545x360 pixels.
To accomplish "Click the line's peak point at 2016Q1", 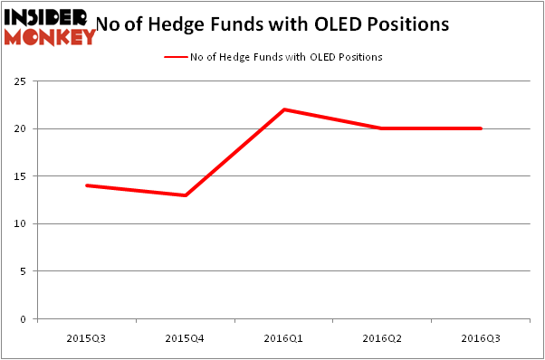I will (283, 109).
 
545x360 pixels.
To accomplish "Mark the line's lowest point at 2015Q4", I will (185, 195).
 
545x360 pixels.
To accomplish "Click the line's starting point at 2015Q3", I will (86, 185).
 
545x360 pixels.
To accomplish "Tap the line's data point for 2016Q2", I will (382, 128).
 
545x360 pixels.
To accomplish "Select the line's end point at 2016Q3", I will (481, 128).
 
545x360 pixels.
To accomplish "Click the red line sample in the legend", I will (175, 57).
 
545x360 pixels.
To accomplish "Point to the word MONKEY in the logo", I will (51, 36).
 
